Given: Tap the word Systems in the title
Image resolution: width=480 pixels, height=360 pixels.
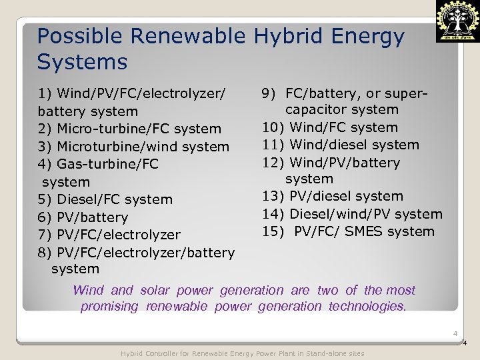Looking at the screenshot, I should click(82, 62).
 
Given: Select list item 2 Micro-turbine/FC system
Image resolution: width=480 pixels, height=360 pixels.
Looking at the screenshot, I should click(130, 129).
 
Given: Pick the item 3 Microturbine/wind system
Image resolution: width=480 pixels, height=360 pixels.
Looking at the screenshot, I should click(134, 146).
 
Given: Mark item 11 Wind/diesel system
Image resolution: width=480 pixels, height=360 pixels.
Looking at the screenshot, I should click(341, 145).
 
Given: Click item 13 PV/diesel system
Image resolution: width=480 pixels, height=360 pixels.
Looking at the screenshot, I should click(333, 196).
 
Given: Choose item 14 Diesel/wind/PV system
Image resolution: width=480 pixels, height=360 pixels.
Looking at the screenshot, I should click(351, 214).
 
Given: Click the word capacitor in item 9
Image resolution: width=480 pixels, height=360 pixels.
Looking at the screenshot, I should click(317, 109).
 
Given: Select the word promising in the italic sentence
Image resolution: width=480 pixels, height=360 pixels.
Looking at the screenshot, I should click(109, 306).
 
